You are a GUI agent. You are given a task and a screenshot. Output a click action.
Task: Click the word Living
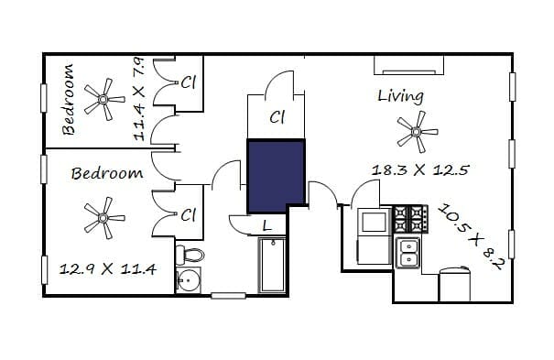[400, 96]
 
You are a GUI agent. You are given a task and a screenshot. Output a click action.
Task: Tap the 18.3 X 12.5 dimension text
[420, 170]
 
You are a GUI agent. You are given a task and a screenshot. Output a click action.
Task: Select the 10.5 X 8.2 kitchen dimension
[471, 236]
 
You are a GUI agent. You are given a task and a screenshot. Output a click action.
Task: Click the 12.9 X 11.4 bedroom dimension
[107, 269]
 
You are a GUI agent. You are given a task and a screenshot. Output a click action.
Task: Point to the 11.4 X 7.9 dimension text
[139, 99]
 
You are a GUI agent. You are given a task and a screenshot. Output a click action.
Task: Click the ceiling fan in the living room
[418, 132]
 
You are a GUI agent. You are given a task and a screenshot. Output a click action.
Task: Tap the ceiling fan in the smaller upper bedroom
[104, 99]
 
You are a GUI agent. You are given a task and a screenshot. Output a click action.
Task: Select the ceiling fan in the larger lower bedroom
[104, 218]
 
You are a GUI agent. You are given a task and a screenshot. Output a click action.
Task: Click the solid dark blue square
[276, 176]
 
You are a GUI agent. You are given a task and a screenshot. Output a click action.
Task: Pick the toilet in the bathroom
[190, 255]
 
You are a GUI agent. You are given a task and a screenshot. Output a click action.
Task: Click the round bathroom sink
[189, 280]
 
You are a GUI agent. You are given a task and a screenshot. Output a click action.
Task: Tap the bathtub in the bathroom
[272, 266]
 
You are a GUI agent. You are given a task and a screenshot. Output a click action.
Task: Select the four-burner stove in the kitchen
[411, 219]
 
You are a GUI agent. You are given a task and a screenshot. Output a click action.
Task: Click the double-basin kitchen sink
[407, 253]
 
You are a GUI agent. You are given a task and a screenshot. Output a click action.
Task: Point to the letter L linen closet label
[267, 225]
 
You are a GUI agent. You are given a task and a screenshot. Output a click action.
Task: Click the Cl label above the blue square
[277, 117]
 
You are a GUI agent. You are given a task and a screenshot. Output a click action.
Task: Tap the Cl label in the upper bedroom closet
[188, 82]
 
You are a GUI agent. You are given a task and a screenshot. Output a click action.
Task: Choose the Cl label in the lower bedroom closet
[188, 214]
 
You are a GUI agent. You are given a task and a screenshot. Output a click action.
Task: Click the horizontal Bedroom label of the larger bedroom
[107, 173]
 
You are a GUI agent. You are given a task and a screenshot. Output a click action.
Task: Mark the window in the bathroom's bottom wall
[228, 296]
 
